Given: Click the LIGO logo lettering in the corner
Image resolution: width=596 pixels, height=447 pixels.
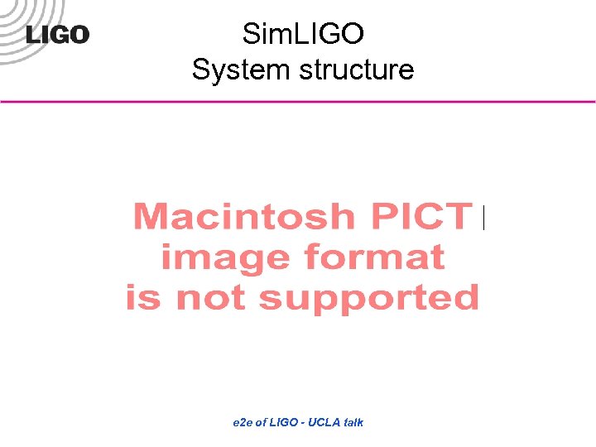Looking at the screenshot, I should click(57, 35).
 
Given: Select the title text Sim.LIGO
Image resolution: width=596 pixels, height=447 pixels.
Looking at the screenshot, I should click(303, 34).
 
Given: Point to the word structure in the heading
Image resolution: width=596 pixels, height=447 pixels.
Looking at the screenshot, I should click(357, 70).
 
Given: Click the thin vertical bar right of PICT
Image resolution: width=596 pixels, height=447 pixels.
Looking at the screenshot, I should click(483, 218).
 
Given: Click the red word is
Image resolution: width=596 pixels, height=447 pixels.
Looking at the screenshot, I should click(142, 296).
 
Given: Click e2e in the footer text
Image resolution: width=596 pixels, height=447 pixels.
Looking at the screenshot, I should click(243, 422).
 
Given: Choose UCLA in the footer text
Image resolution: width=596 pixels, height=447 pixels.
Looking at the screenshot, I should click(323, 422).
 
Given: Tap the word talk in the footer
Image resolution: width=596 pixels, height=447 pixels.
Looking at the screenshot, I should click(353, 422).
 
